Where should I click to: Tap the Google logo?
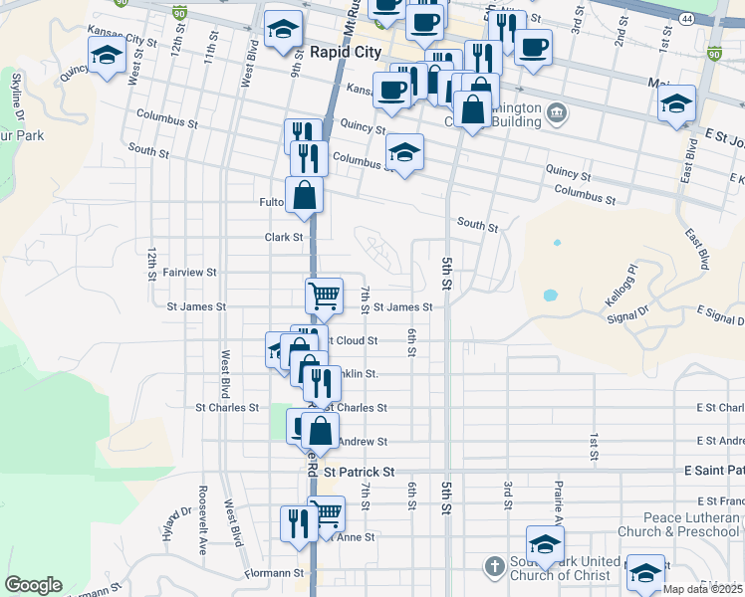coord(33,585)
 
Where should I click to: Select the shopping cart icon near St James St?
coord(324,295)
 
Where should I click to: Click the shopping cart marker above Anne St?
coord(326,513)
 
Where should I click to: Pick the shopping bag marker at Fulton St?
coord(304,195)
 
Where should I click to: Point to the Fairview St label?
coord(189,272)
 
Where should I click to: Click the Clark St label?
coord(284,237)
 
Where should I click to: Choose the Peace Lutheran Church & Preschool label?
coord(690,524)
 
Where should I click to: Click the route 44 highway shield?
coord(687,19)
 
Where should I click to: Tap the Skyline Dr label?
coord(16,91)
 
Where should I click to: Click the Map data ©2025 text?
coord(702,589)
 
